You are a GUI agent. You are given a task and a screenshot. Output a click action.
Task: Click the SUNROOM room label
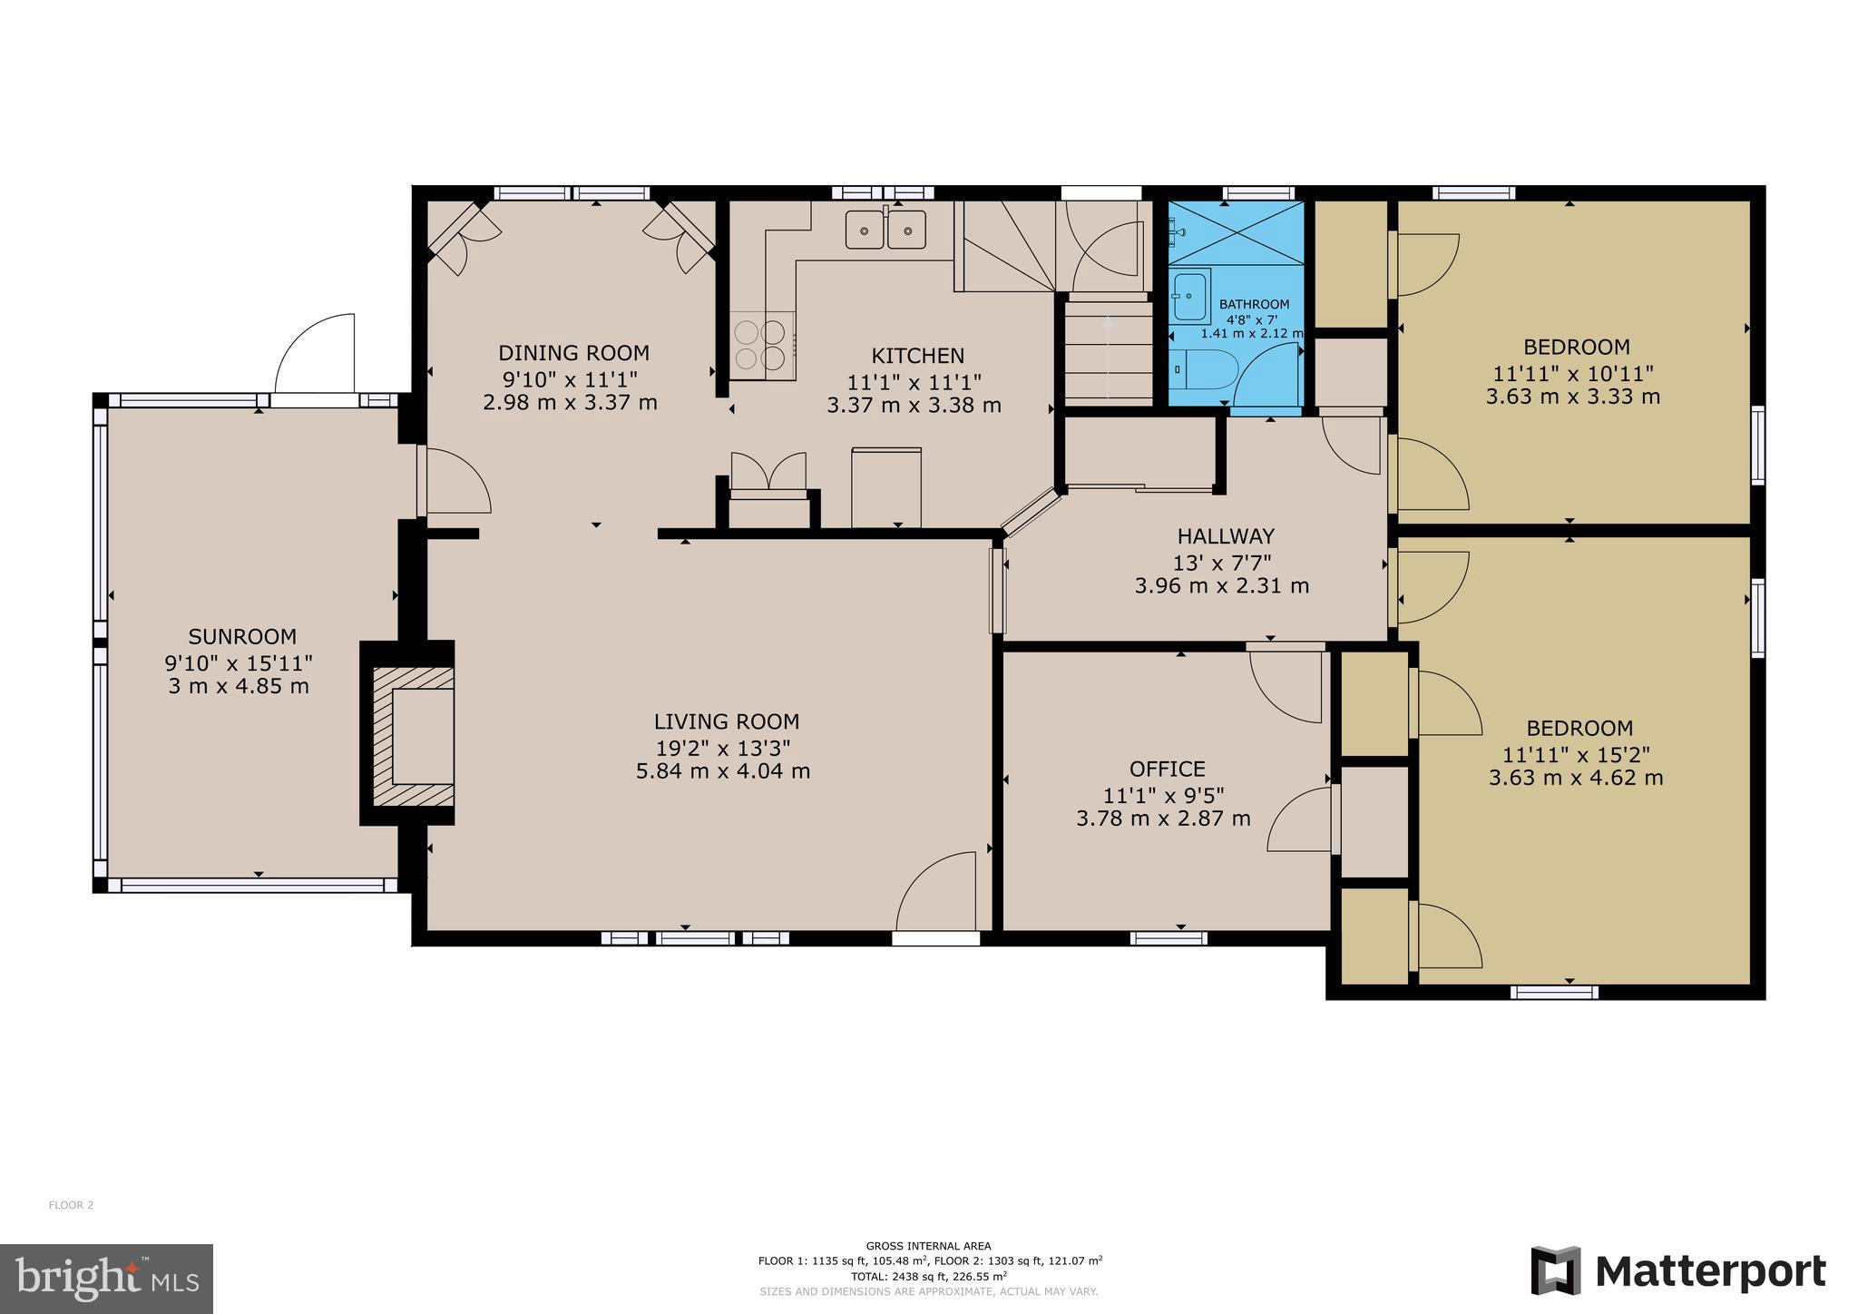(242, 636)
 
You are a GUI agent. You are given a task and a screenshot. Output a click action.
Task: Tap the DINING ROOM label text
(574, 353)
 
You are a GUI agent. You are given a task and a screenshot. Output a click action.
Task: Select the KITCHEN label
(918, 356)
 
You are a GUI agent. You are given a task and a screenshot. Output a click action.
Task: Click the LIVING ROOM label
(727, 721)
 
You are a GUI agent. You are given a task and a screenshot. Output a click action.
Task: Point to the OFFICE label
(1168, 770)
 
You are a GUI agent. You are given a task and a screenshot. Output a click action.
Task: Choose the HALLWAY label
(1226, 536)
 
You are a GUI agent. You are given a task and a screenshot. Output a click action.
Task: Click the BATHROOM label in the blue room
(1254, 304)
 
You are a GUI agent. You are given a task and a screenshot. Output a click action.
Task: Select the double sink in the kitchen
(886, 229)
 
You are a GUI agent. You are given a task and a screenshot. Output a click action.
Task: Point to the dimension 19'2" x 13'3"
(724, 748)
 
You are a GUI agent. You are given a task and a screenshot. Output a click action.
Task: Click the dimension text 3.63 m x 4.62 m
(1576, 778)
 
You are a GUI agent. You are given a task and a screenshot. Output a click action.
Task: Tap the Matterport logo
(1678, 1271)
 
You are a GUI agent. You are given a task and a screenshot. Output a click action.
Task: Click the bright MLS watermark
(107, 1279)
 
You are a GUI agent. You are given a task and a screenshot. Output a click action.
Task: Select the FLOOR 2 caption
(71, 1205)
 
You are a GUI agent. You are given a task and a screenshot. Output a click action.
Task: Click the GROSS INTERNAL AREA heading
(928, 1246)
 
